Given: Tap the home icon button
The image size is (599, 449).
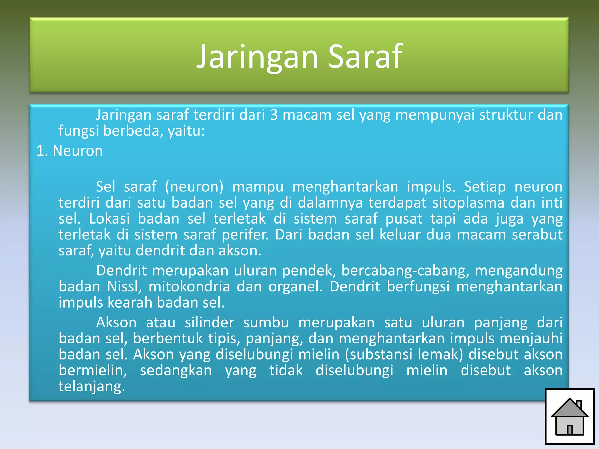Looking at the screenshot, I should (x=569, y=417).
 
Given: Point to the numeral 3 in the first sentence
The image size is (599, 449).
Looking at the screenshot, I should (x=274, y=115).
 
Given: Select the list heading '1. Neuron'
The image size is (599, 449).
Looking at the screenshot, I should (x=70, y=151).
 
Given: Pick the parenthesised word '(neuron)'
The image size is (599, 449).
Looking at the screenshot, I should (x=194, y=187).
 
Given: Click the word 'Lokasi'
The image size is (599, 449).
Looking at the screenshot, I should (x=109, y=219).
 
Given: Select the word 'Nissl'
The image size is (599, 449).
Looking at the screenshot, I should (x=124, y=286).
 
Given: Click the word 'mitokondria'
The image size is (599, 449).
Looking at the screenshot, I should (x=189, y=286).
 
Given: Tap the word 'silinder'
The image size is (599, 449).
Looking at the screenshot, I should (x=209, y=323).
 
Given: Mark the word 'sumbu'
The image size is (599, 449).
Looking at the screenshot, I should (x=266, y=323).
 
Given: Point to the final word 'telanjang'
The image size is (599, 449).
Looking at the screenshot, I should (x=92, y=386).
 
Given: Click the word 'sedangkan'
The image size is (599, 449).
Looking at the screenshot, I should (x=176, y=371).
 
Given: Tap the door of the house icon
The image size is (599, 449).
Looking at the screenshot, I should (x=569, y=429).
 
